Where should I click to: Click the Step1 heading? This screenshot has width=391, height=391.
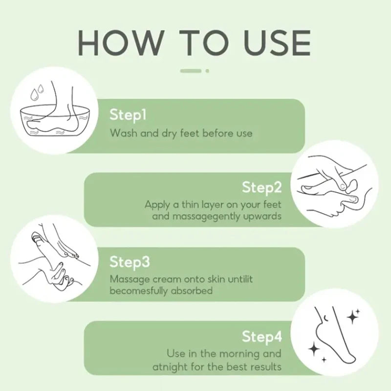pos(128,115)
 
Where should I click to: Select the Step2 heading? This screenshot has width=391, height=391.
pos(262,188)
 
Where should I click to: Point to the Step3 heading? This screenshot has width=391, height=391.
pos(130,262)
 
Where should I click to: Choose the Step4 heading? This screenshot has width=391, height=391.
pos(262,337)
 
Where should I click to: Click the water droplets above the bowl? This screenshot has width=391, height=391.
pos(37,92)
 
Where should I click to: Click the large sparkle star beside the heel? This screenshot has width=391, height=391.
pos(352,317)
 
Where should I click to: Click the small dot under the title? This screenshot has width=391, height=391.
pos(207,71)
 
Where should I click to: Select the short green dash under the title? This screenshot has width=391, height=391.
pos(191,71)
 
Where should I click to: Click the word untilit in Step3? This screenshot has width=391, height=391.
pos(240,279)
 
